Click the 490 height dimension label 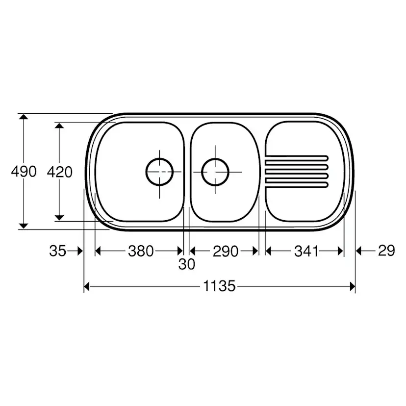coord(24,172)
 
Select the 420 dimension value coord(59,172)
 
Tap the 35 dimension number coord(57,251)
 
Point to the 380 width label coord(141,251)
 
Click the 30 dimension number coord(186,264)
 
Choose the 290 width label coord(225,251)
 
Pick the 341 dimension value coord(306,251)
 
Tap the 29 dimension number coord(386,251)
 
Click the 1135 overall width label coord(219,286)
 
